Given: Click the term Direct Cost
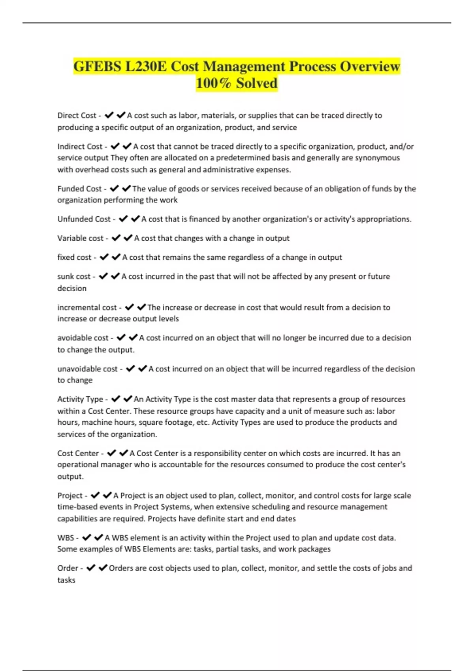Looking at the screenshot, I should tap(77, 116).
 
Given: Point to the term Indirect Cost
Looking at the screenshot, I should tap(80, 146).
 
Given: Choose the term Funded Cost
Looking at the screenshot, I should tap(79, 189).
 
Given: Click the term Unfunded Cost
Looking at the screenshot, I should tap(84, 219).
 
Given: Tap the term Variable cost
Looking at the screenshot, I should tap(80, 238).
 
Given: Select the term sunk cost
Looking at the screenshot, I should tap(74, 277).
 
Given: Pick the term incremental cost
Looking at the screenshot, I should tap(87, 307).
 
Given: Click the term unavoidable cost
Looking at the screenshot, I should tap(87, 369).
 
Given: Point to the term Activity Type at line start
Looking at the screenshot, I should tap(80, 399).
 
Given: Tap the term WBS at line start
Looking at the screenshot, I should tap(65, 538).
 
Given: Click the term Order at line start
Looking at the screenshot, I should tap(68, 568).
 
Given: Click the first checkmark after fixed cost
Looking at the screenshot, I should tap(104, 257).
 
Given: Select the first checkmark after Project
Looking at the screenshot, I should tap(95, 495).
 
